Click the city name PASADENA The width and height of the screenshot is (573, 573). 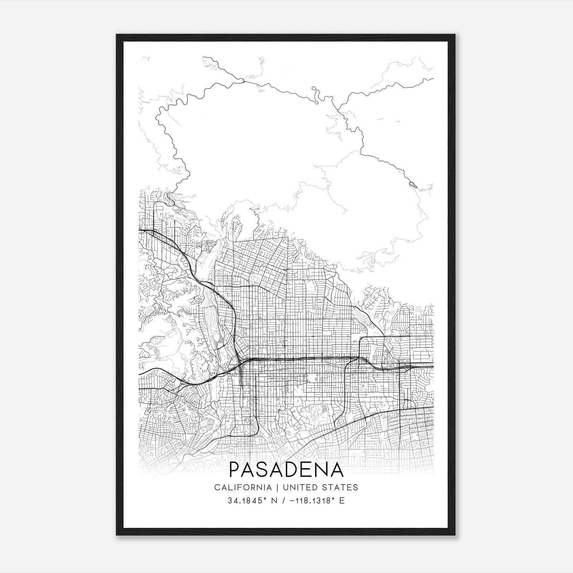(x=286, y=470)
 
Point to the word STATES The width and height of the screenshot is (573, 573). (x=342, y=487)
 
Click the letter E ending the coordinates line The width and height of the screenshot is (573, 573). (x=342, y=501)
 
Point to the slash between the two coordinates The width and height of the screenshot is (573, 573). (x=283, y=501)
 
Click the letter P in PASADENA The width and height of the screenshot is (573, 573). (x=235, y=470)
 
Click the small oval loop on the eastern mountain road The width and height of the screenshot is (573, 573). (x=413, y=185)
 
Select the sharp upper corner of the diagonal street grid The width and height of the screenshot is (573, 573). (x=288, y=237)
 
